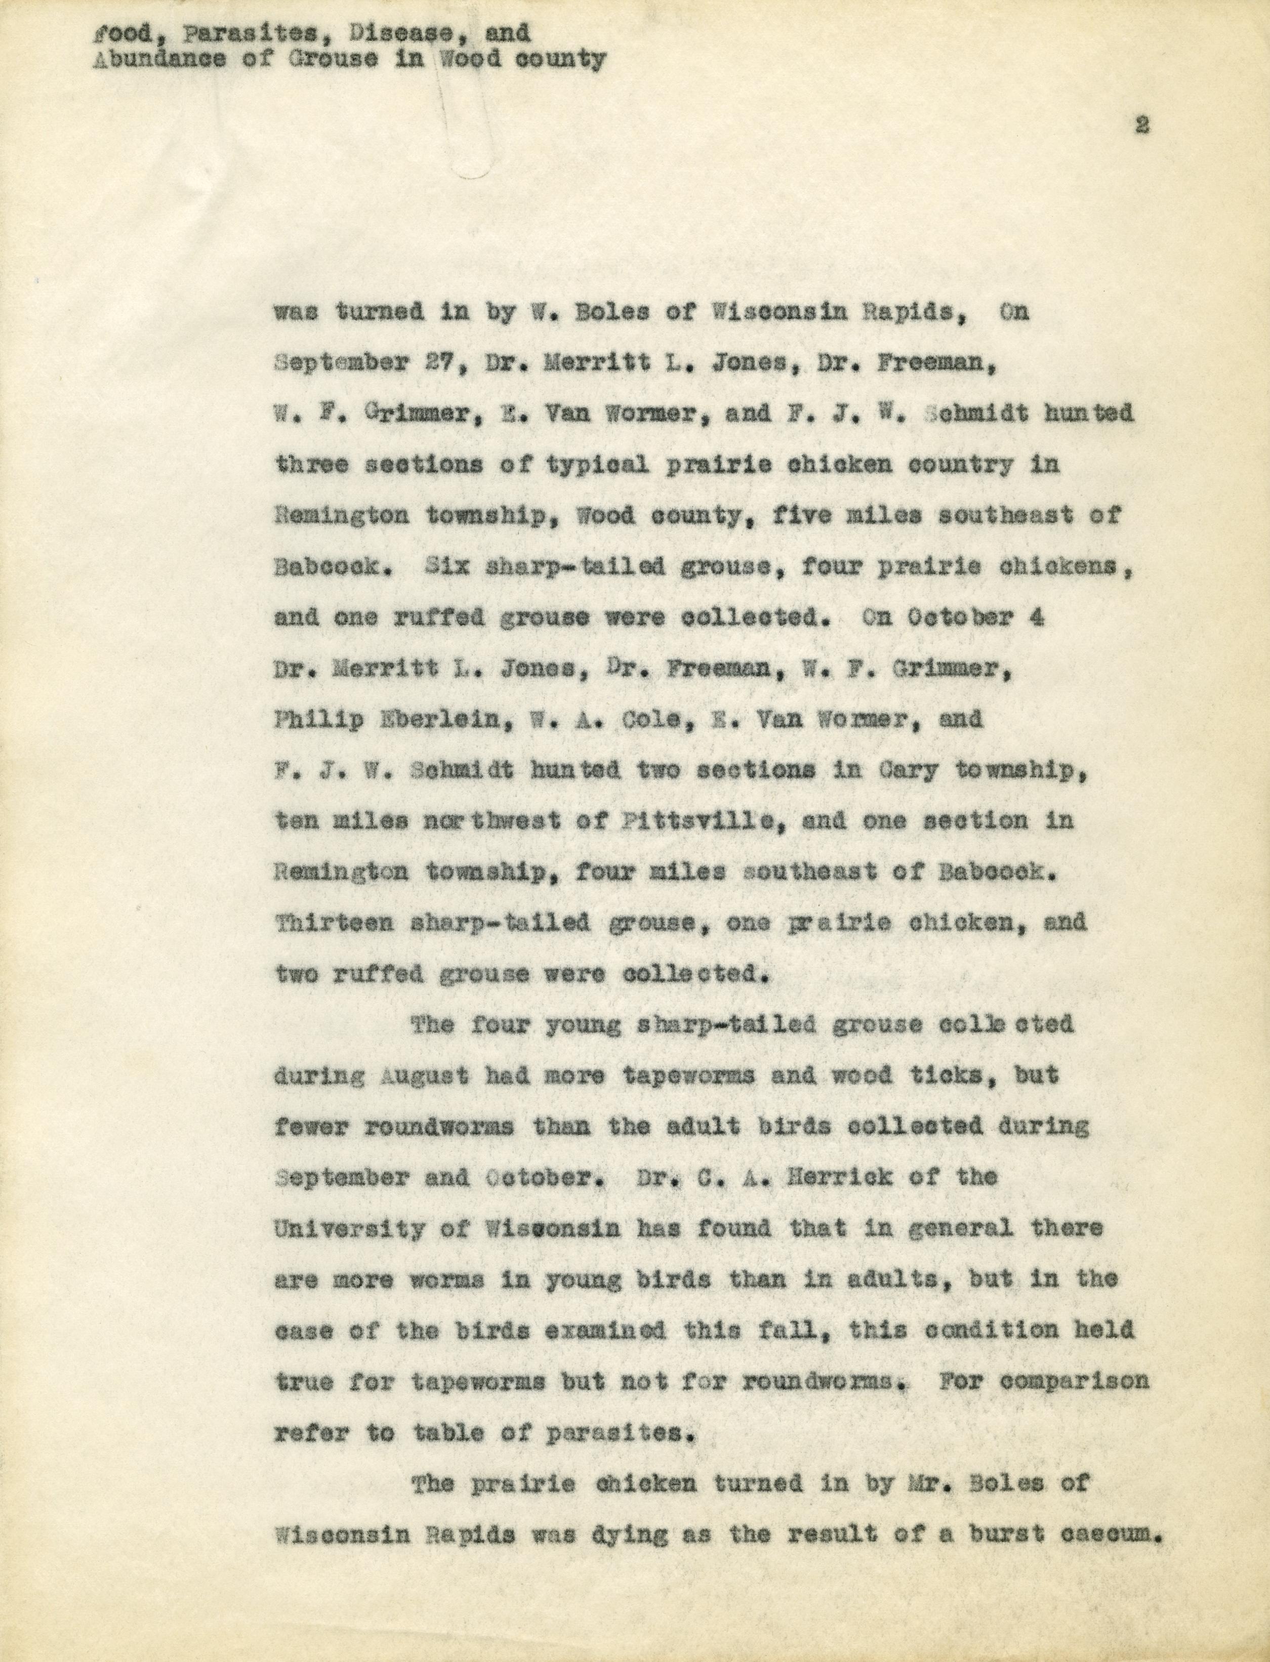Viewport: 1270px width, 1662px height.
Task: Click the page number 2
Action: [1141, 126]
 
